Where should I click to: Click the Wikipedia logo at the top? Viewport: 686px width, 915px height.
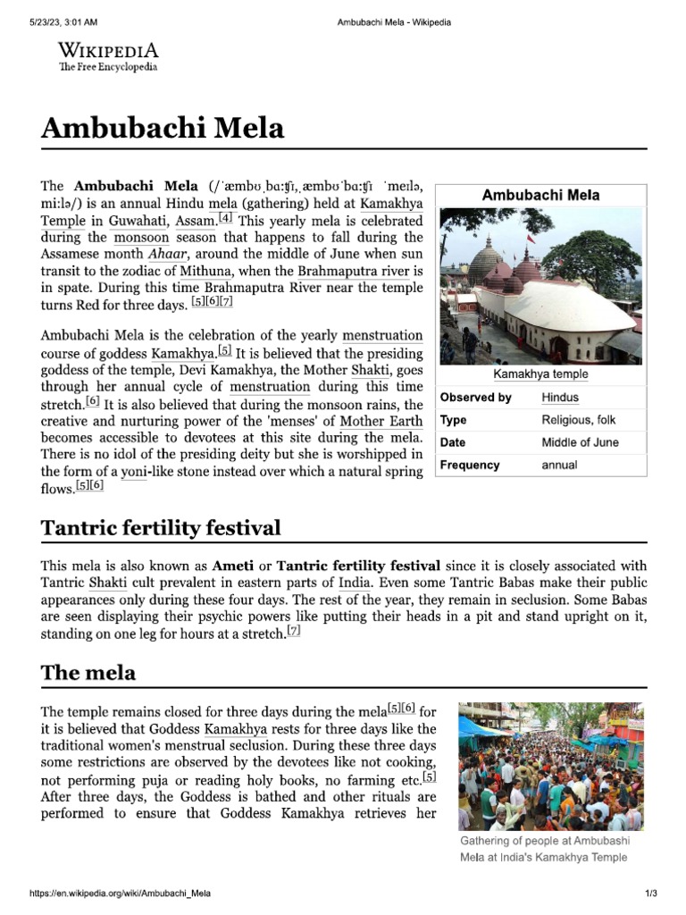tap(108, 56)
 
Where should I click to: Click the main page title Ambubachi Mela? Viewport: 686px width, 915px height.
tap(163, 129)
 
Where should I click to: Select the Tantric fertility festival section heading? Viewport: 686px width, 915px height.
tap(161, 528)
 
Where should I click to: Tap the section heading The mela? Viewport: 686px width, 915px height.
tap(88, 673)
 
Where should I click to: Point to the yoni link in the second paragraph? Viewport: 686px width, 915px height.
tap(134, 472)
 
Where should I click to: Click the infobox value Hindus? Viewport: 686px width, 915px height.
tap(560, 398)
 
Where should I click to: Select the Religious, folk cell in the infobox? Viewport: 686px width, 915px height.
tap(578, 420)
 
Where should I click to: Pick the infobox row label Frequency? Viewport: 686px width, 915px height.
tap(470, 465)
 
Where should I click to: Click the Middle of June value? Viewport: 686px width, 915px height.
tap(580, 442)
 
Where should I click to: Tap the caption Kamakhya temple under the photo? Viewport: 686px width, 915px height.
tap(542, 374)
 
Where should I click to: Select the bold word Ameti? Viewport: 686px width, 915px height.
tap(231, 566)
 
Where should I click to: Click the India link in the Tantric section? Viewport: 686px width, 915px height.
tap(355, 583)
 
